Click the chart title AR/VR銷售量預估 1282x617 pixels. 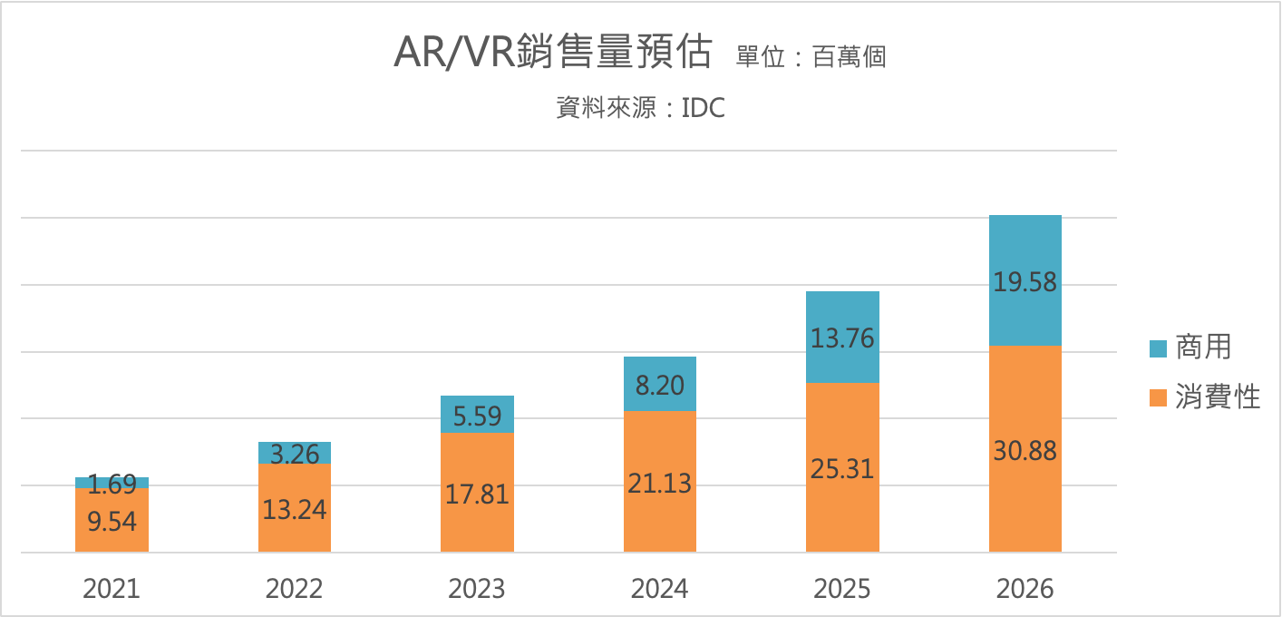(x=552, y=54)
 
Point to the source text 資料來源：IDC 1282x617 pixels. (x=641, y=109)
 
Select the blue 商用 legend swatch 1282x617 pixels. (x=1158, y=348)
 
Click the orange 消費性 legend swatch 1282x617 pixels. (x=1158, y=397)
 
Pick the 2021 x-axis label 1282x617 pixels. (x=112, y=589)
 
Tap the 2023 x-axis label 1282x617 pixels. (x=477, y=589)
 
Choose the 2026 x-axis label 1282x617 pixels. (x=1025, y=589)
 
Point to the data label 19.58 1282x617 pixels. (x=1025, y=282)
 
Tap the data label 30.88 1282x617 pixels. (x=1025, y=451)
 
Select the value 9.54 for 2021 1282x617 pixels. (x=112, y=521)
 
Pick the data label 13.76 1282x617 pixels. (x=842, y=338)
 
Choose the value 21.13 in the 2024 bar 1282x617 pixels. (x=660, y=483)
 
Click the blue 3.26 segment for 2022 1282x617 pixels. (x=295, y=453)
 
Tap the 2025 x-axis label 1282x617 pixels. (x=842, y=589)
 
